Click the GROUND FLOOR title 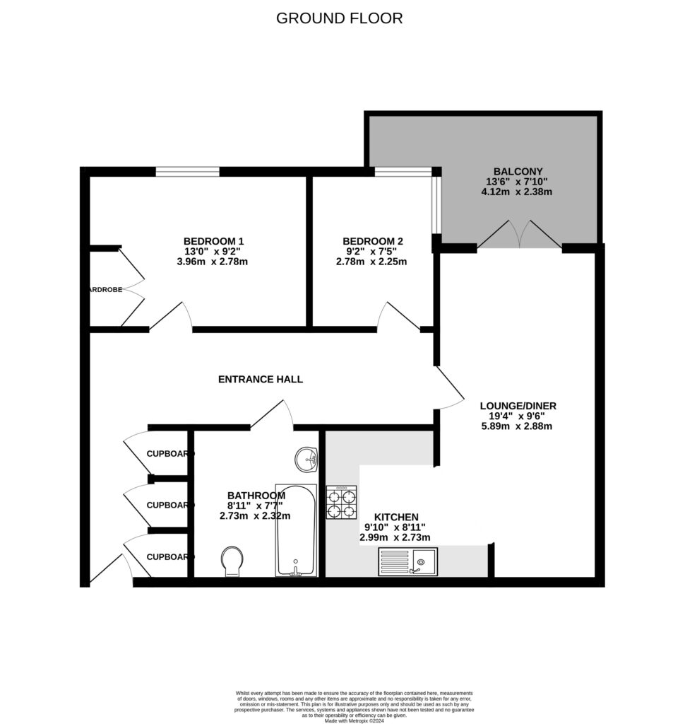click(x=339, y=18)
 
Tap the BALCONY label click(x=518, y=171)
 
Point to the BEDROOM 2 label click(x=371, y=241)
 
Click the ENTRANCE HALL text click(x=260, y=380)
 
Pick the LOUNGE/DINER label click(x=518, y=406)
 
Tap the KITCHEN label click(x=395, y=518)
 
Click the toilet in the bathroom click(x=232, y=561)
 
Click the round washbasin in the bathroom click(x=308, y=460)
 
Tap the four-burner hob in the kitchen click(x=341, y=502)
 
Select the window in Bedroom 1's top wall click(x=187, y=171)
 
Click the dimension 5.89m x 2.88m click(x=518, y=426)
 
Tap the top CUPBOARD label click(x=169, y=454)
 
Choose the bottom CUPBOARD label click(x=169, y=557)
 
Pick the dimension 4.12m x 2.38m click(x=518, y=192)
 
